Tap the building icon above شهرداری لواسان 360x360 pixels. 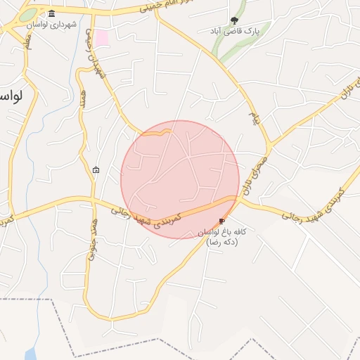click(52, 14)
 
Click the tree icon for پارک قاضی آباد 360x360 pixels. click(234, 20)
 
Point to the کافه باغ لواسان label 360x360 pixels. click(224, 232)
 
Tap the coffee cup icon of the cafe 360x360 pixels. click(223, 221)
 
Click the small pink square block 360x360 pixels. click(102, 37)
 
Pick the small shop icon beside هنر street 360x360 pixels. click(96, 169)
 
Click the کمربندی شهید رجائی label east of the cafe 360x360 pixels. click(311, 205)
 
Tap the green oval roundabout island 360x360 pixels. click(27, 15)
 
